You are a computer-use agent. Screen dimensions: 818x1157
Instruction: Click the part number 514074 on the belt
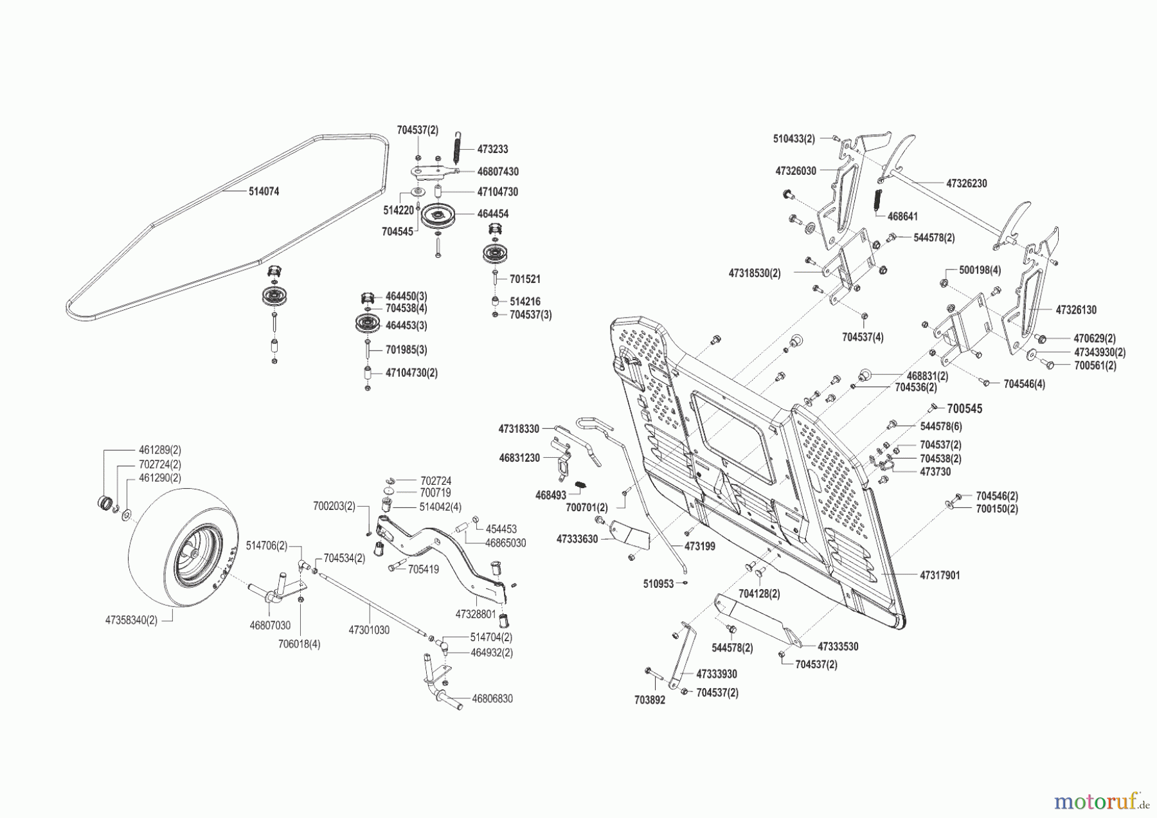pyautogui.click(x=264, y=192)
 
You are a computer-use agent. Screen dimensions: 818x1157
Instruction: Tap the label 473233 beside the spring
pyautogui.click(x=492, y=149)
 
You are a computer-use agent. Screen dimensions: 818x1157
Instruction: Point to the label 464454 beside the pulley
pyautogui.click(x=492, y=214)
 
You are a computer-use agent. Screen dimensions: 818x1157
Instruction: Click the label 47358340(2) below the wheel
pyautogui.click(x=131, y=620)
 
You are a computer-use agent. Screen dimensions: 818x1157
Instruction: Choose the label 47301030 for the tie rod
pyautogui.click(x=369, y=630)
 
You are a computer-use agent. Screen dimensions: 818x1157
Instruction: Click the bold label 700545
pyautogui.click(x=964, y=409)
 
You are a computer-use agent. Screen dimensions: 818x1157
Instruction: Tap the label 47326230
pyautogui.click(x=966, y=183)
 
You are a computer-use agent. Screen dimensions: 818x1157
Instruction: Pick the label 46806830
pyautogui.click(x=492, y=698)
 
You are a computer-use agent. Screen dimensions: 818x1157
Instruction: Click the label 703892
pyautogui.click(x=649, y=700)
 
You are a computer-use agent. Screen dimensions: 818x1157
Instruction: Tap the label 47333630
pyautogui.click(x=577, y=539)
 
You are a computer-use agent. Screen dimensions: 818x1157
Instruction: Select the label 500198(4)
pyautogui.click(x=980, y=271)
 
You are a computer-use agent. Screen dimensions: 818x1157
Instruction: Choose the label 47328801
pyautogui.click(x=476, y=614)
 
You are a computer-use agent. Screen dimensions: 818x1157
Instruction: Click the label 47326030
pyautogui.click(x=796, y=171)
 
